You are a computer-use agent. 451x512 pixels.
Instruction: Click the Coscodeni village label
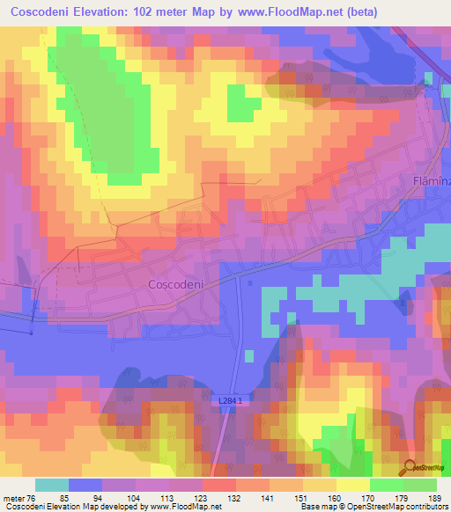(177, 285)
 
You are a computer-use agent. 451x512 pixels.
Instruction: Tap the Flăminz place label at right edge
(432, 180)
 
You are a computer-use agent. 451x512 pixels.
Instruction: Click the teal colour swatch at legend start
(52, 485)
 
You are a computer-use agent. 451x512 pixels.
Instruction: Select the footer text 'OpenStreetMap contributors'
(394, 507)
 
